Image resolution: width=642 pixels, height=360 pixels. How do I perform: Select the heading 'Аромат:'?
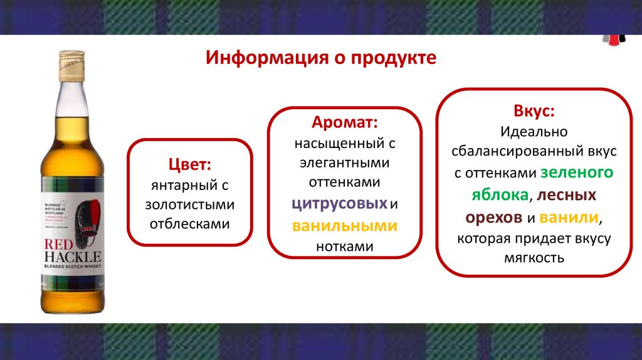click(345, 122)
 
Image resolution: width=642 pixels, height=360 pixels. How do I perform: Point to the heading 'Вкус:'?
click(534, 112)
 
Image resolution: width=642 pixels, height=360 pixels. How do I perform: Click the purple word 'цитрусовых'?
click(339, 204)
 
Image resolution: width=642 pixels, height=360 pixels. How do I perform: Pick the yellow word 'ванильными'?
click(344, 226)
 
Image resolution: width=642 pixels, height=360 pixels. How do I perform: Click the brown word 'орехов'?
click(493, 217)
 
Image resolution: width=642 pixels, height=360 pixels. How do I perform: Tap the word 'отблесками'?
click(189, 224)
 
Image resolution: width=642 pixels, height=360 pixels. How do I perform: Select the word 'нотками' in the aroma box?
click(344, 247)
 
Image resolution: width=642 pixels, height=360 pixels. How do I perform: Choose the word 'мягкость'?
click(534, 258)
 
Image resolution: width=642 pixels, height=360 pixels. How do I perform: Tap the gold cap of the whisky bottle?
click(71, 65)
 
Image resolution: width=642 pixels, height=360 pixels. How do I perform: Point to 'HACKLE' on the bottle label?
click(72, 257)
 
